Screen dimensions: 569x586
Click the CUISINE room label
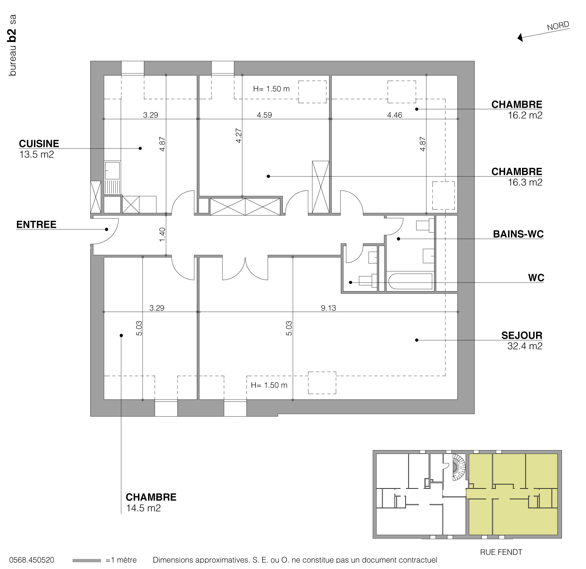coord(39,144)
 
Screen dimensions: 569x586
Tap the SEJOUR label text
coord(522,335)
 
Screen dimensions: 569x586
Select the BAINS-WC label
coord(518,234)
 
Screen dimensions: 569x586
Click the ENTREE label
coord(36,225)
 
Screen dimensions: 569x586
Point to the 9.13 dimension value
coord(328,308)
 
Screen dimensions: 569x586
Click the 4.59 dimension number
coord(264,115)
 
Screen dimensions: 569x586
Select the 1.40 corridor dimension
coord(162,235)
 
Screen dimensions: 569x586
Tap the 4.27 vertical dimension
coord(239,136)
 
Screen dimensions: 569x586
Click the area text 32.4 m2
coord(525,346)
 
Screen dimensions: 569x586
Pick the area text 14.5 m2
coord(143,508)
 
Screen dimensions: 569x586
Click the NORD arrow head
coord(520,37)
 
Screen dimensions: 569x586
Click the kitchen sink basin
coord(112,170)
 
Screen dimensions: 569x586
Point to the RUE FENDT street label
coord(501,552)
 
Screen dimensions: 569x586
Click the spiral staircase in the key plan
coord(458,467)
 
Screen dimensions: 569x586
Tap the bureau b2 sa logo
coord(13,45)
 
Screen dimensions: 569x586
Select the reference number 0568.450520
coord(32,560)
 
